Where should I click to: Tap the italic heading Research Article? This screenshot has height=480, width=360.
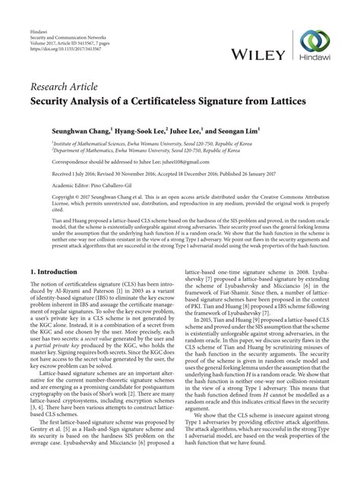(x=62, y=74)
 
